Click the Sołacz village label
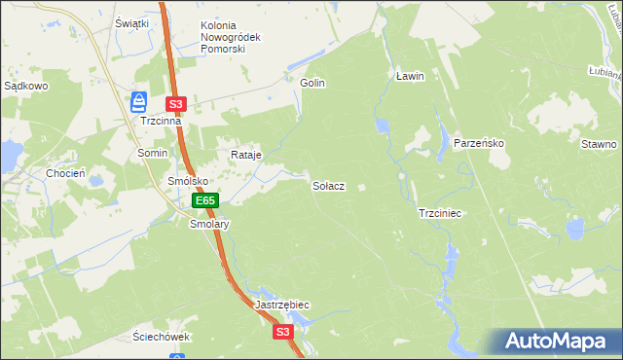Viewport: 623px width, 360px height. [x=328, y=185]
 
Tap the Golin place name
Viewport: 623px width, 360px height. [x=312, y=83]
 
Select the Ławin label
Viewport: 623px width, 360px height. [x=411, y=75]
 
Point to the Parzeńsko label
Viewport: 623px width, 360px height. [x=478, y=143]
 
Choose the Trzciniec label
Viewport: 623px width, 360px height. [x=439, y=212]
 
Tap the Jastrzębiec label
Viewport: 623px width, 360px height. [x=282, y=305]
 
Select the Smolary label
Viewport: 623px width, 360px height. [x=208, y=224]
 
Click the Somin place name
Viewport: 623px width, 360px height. [x=153, y=154]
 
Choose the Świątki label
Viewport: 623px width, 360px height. [x=131, y=22]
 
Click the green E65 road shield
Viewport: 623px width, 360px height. [x=204, y=200]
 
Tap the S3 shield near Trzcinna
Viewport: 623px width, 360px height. [x=175, y=103]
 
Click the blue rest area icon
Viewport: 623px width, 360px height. [x=139, y=100]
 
